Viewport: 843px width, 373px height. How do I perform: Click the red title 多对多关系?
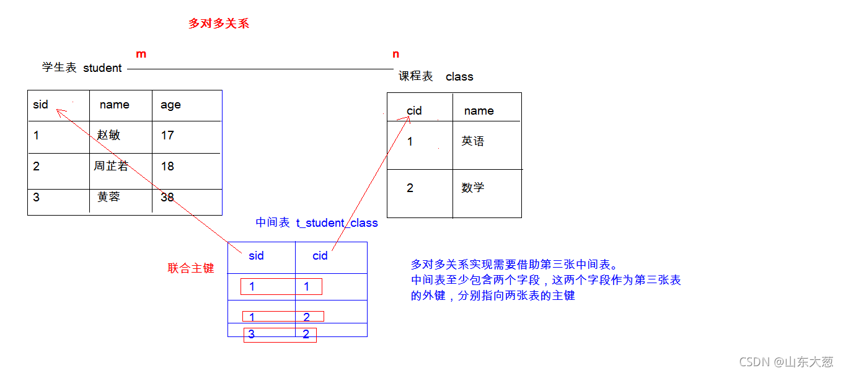[219, 24]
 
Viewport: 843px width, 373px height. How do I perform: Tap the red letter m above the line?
[141, 54]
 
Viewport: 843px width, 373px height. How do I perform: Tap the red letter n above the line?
[396, 55]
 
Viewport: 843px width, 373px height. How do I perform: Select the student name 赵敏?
[108, 135]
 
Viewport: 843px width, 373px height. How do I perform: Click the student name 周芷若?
[112, 166]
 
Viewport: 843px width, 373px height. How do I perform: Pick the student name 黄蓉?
[108, 197]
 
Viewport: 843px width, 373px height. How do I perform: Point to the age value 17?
[167, 135]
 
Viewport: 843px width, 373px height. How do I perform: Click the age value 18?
[167, 166]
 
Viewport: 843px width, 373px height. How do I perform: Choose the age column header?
[170, 105]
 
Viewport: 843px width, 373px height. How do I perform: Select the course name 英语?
[473, 141]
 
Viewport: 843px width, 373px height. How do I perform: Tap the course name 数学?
[473, 188]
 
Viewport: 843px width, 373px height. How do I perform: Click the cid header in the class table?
[414, 111]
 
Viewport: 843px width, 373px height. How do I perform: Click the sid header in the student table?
[41, 104]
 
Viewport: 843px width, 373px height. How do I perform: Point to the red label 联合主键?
[191, 268]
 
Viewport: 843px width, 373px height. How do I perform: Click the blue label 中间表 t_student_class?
[317, 223]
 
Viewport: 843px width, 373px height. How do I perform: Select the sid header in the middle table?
[256, 256]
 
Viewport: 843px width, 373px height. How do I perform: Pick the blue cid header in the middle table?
[320, 256]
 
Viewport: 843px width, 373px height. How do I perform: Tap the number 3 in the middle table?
[252, 335]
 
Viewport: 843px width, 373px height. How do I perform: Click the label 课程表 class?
[436, 76]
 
